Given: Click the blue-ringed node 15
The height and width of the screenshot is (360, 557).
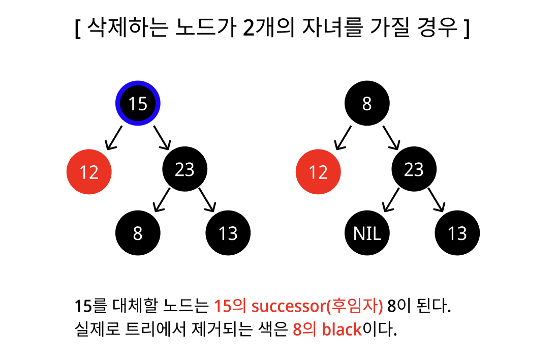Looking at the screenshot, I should pos(138,103).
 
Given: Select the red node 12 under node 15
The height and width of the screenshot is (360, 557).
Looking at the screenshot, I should pos(89,172).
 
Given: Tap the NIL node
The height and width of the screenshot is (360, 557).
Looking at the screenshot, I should pos(367,233).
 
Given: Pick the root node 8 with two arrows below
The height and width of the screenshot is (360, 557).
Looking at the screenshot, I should pos(367,103).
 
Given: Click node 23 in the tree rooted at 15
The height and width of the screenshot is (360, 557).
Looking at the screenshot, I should pos(184,169).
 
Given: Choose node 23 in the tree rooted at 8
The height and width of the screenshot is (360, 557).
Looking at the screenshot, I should pos(414,169).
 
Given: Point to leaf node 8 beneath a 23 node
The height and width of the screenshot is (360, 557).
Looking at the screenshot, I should pos(138,233).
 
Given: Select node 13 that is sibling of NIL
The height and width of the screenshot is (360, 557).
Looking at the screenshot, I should pos(457,233).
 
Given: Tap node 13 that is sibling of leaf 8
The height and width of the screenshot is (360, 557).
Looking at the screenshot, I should pos(228,233).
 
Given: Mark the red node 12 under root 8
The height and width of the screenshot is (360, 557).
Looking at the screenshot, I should pos(318,172).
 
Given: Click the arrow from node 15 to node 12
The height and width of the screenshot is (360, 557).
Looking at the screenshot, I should pos(114,137).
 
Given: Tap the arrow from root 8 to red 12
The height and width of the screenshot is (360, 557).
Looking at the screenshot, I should pos(343,137).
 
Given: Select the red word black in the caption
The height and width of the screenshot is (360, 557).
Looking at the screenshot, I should pos(342,329).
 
